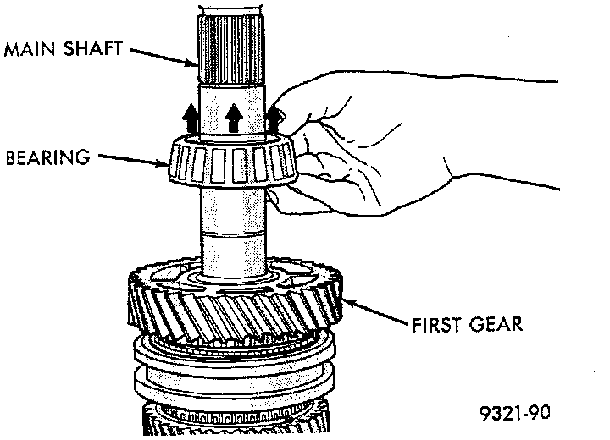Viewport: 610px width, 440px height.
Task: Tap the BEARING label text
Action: coord(47,157)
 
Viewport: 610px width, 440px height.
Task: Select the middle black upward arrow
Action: coord(234,118)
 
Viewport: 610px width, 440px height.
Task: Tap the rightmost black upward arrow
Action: coord(274,118)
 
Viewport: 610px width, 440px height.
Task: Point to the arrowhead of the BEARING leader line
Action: coord(165,165)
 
